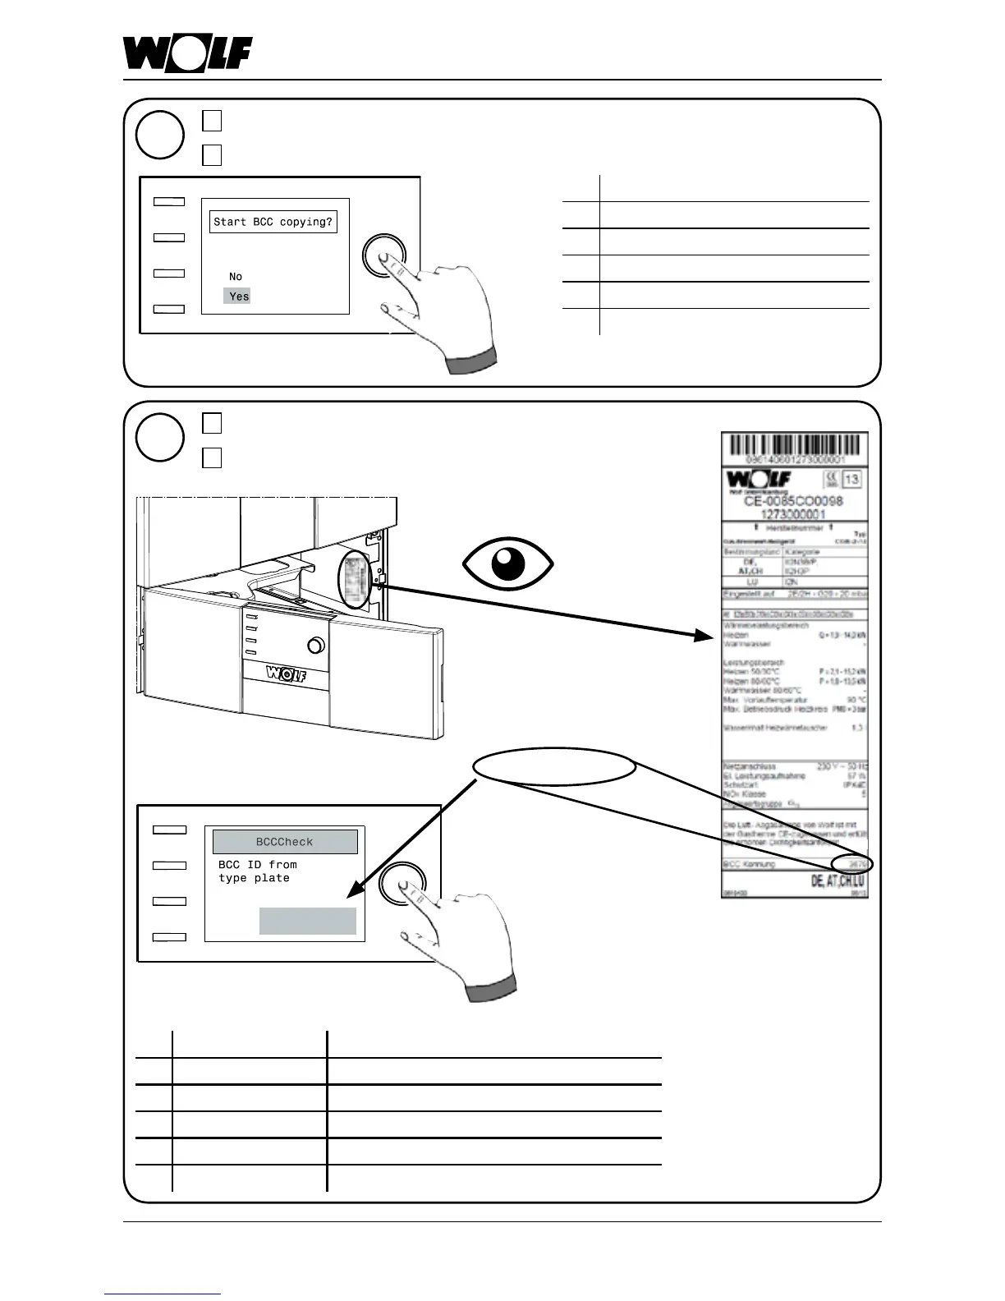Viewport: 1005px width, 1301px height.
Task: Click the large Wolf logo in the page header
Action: (x=187, y=54)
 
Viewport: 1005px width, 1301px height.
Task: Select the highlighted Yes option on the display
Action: (x=238, y=297)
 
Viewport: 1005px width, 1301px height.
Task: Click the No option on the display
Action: (x=236, y=277)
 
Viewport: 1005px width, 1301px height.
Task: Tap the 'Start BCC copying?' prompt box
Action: (x=273, y=222)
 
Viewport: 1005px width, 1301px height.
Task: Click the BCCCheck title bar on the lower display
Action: (x=285, y=842)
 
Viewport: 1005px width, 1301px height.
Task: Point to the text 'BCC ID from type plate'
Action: (x=258, y=871)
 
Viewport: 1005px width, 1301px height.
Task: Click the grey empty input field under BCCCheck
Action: (x=308, y=921)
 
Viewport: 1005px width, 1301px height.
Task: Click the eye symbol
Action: (x=508, y=564)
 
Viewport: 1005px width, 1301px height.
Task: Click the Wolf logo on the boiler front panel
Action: (x=286, y=675)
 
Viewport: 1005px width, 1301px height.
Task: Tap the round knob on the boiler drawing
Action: (x=315, y=646)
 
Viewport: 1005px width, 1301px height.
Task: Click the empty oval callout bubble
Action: (x=555, y=770)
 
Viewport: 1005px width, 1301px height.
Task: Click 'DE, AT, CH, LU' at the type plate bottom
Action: (x=837, y=881)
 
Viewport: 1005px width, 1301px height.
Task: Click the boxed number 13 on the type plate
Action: (x=851, y=480)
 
